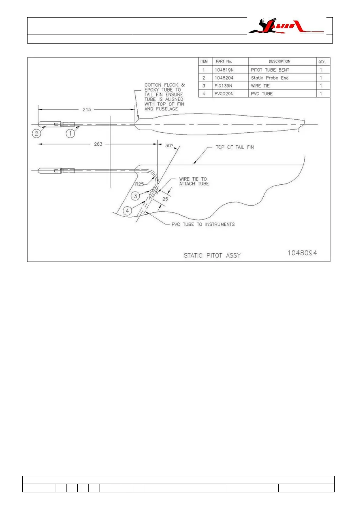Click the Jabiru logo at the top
pos(286,26)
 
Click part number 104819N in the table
pos(224,70)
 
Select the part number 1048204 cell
pos(224,78)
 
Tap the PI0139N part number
pos(223,86)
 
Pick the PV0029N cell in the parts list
pos(224,94)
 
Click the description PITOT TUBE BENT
pos(270,70)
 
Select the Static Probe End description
pos(270,78)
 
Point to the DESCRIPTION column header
pos(279,61)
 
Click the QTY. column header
pos(322,62)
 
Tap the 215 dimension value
pos(87,109)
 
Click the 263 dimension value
pos(98,144)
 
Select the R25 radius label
pos(139,184)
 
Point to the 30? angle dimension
pos(169,146)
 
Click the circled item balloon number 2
pos(37,133)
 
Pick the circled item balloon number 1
pos(70,133)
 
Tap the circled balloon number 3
pos(135,196)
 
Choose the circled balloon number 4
pos(128,211)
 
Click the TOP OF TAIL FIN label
pos(235,147)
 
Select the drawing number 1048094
pos(302,253)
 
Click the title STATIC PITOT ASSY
pos(212,255)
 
